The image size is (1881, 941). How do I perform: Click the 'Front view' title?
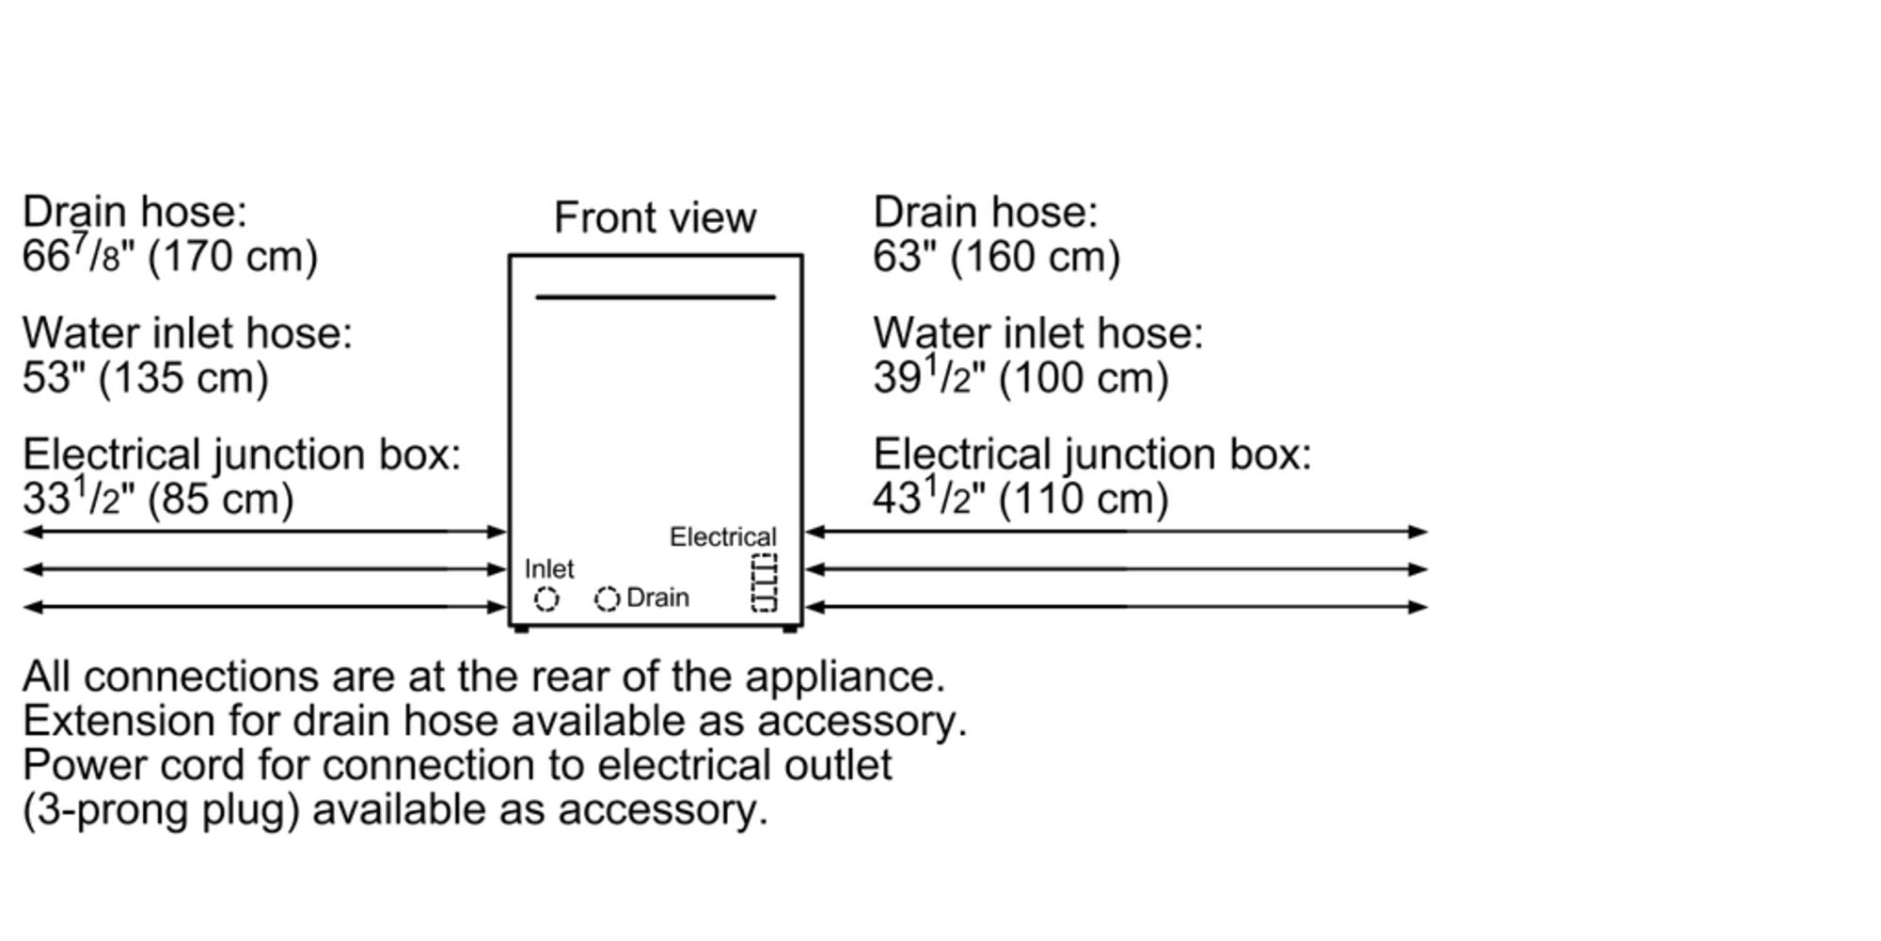click(x=655, y=218)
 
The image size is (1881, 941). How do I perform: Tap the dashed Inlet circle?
click(x=546, y=599)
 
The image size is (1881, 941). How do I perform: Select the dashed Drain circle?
click(x=608, y=598)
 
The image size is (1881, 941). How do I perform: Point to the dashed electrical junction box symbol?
click(x=765, y=583)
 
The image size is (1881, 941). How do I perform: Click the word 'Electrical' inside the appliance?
click(x=722, y=537)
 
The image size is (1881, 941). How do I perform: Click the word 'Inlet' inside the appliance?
click(x=548, y=569)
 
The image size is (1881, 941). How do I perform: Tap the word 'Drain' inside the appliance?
click(x=657, y=598)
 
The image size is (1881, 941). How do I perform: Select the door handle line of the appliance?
click(x=655, y=297)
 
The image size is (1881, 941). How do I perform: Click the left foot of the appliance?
click(x=521, y=629)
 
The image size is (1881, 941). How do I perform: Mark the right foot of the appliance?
click(x=790, y=629)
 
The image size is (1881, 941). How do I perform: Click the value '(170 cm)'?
click(x=232, y=257)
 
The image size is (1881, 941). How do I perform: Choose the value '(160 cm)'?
click(x=1035, y=257)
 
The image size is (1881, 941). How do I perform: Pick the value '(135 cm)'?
click(x=183, y=378)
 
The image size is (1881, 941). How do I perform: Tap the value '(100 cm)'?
click(x=1083, y=378)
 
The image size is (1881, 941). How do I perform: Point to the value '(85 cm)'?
click(x=221, y=499)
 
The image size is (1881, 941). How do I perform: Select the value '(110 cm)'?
click(x=1083, y=499)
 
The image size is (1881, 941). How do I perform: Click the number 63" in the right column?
click(x=903, y=257)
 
